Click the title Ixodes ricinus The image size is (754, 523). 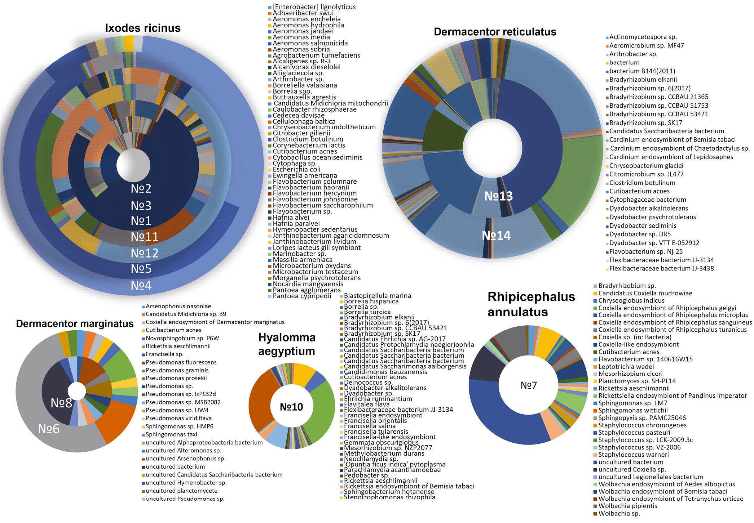[143, 28]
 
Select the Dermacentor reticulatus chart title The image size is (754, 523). [495, 32]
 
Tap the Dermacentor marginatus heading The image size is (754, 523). [75, 323]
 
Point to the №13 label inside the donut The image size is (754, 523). [498, 196]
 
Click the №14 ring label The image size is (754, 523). [496, 236]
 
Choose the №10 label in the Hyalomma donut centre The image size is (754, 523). [291, 407]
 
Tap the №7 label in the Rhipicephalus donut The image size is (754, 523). [529, 385]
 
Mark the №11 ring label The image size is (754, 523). [144, 237]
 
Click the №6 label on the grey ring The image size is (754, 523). [49, 429]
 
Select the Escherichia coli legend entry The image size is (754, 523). [296, 169]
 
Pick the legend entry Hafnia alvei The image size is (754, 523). [291, 218]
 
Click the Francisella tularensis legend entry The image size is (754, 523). [376, 432]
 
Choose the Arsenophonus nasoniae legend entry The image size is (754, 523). [178, 306]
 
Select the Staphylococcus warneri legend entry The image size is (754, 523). [633, 455]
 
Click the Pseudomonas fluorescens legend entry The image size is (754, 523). [181, 362]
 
